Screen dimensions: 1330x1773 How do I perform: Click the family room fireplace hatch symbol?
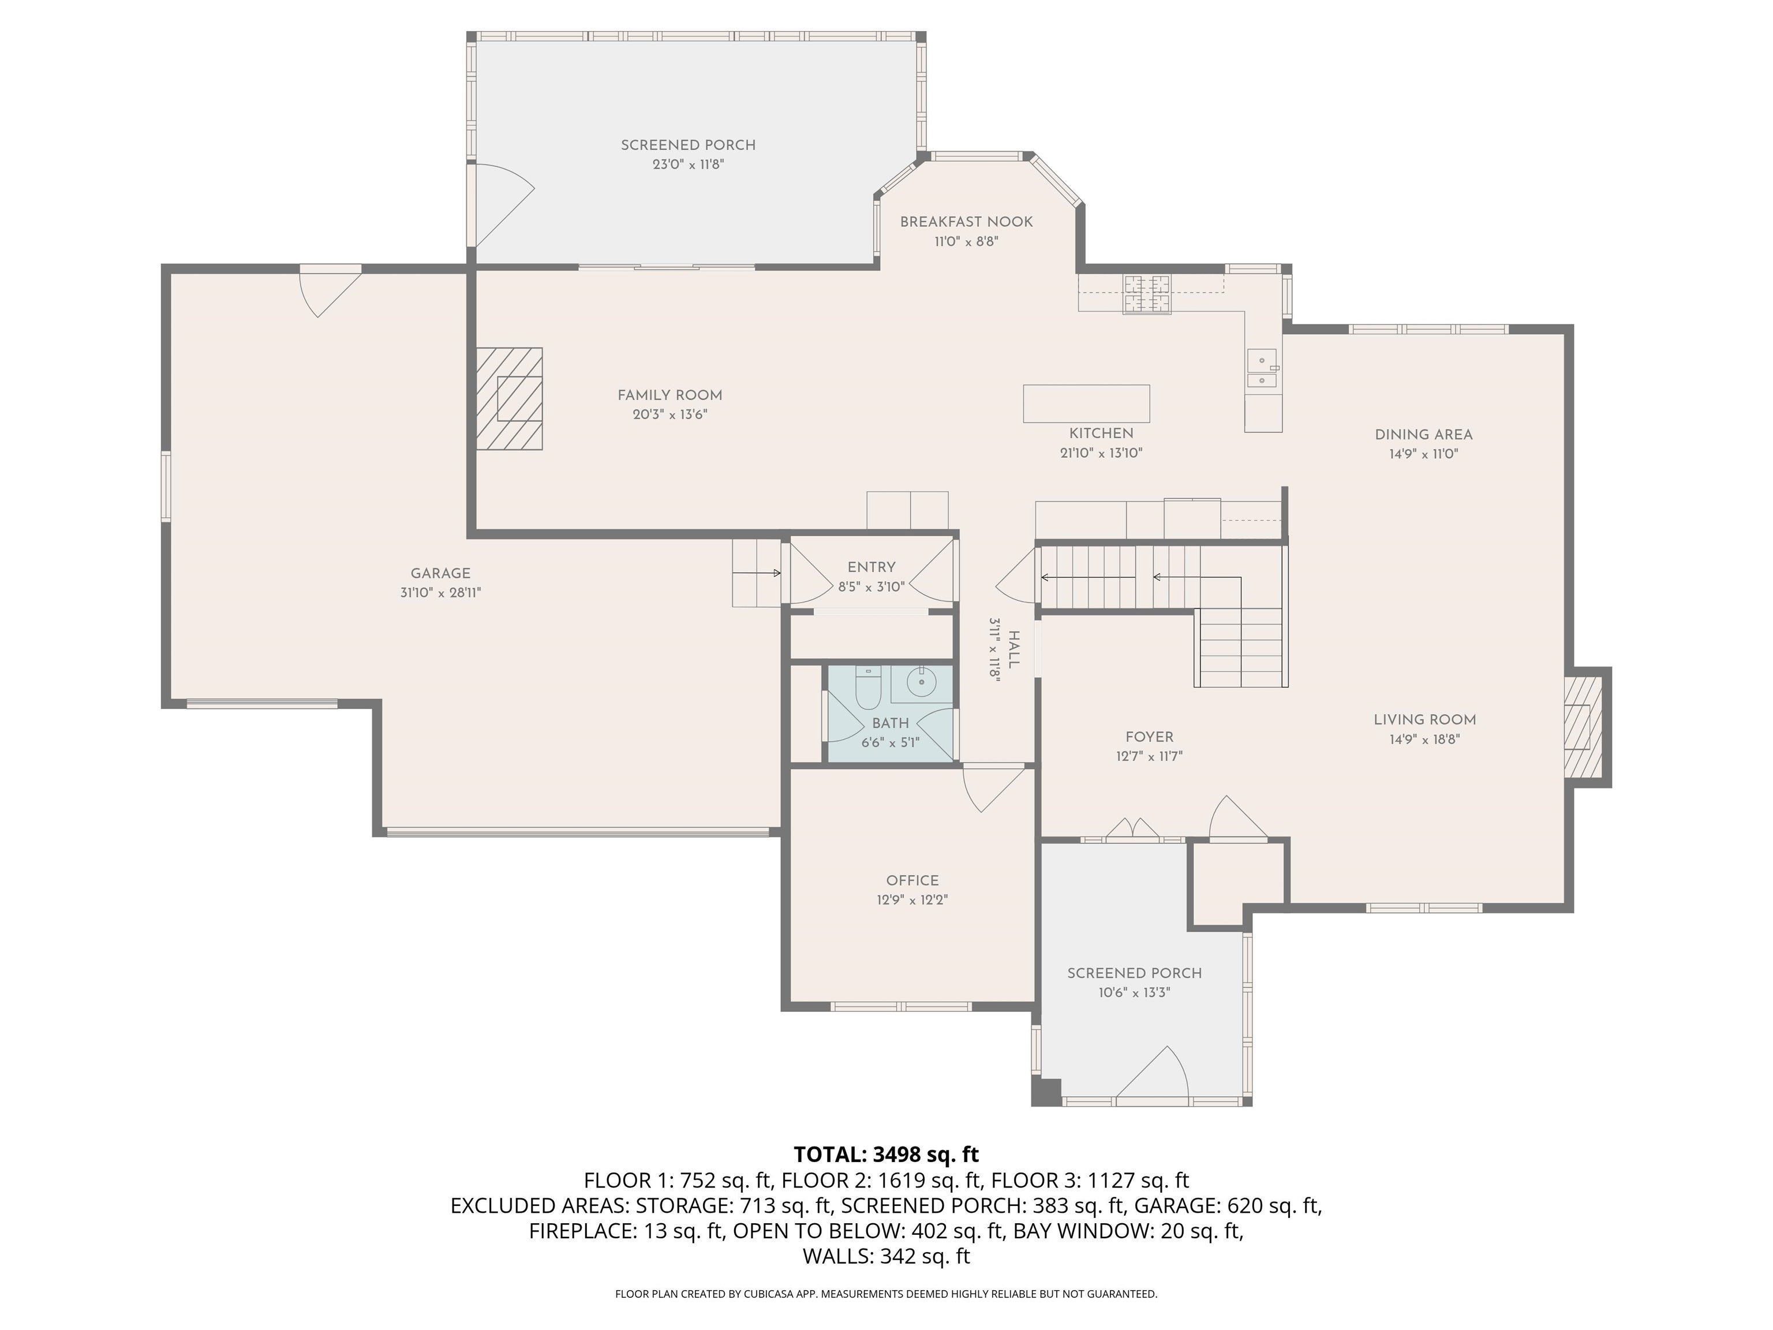pos(510,398)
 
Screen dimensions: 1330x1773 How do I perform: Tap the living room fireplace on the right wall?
pos(1582,726)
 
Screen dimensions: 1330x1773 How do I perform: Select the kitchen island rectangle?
pos(1086,404)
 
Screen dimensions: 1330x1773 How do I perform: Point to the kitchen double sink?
pos(1261,369)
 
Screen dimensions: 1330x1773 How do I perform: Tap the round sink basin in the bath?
pos(922,683)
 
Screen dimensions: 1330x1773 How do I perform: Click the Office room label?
pos(912,880)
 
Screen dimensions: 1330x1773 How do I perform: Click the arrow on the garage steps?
pos(757,573)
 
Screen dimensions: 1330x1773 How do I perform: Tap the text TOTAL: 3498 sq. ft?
pos(886,1155)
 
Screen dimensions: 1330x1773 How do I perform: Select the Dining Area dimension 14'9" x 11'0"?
pos(1423,454)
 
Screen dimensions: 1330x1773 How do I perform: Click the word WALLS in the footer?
pos(837,1256)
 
